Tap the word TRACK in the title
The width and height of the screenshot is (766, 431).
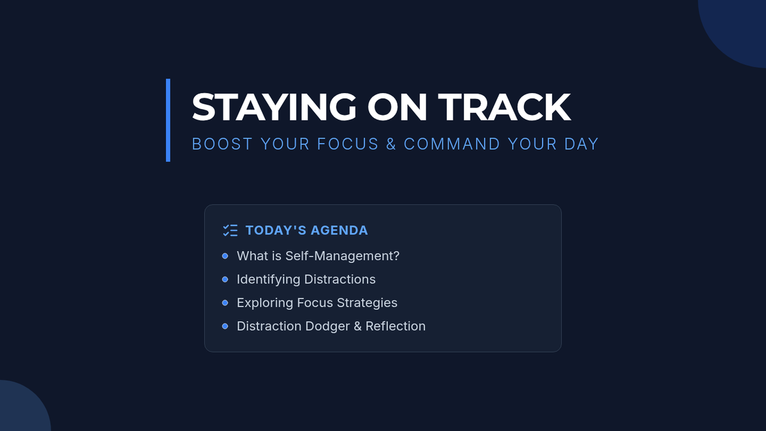[x=504, y=107]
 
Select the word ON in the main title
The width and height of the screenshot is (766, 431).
[x=397, y=107]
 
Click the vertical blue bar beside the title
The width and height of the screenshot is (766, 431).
[x=168, y=120]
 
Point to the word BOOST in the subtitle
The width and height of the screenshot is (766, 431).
[x=222, y=144]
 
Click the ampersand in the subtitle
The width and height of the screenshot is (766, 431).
[x=391, y=144]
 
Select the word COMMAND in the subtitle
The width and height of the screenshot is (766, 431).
[x=452, y=144]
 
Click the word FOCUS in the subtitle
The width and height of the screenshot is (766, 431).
[x=348, y=144]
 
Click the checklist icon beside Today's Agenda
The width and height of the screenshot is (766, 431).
[x=230, y=231]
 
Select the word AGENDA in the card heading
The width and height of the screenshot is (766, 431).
[x=339, y=231]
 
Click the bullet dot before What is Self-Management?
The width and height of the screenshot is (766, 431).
[x=225, y=256]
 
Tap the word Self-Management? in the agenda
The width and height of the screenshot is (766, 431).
[x=342, y=256]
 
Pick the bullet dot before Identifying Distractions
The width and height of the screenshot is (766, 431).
[x=225, y=280]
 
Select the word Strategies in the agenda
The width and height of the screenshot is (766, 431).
[x=367, y=303]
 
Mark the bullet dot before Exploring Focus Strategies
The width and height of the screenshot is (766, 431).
[x=225, y=303]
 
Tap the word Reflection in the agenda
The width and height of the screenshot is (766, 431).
[x=396, y=326]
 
